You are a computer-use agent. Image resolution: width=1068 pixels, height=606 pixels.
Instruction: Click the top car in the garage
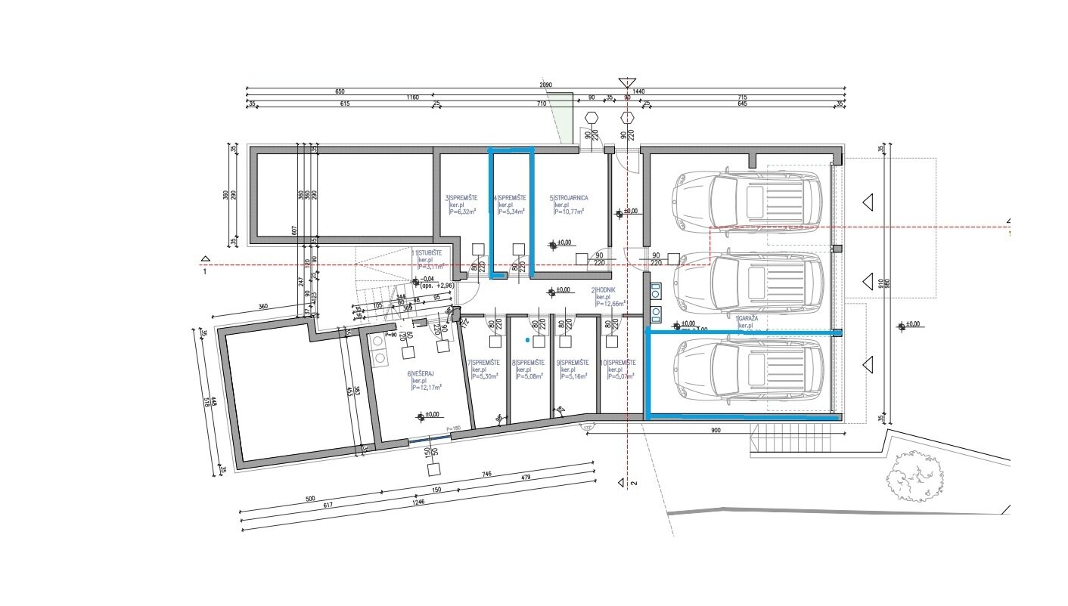pos(747,199)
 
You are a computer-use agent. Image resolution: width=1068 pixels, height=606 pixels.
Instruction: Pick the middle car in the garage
pos(747,283)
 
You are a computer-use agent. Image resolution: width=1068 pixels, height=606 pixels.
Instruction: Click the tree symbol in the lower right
pos(914,476)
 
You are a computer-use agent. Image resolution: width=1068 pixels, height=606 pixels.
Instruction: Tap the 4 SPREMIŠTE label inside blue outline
pos(511,198)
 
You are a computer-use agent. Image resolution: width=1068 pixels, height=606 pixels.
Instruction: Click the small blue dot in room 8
pos(527,341)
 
